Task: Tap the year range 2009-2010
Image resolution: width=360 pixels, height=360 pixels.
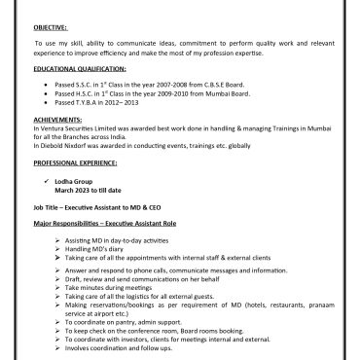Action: click(162, 92)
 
